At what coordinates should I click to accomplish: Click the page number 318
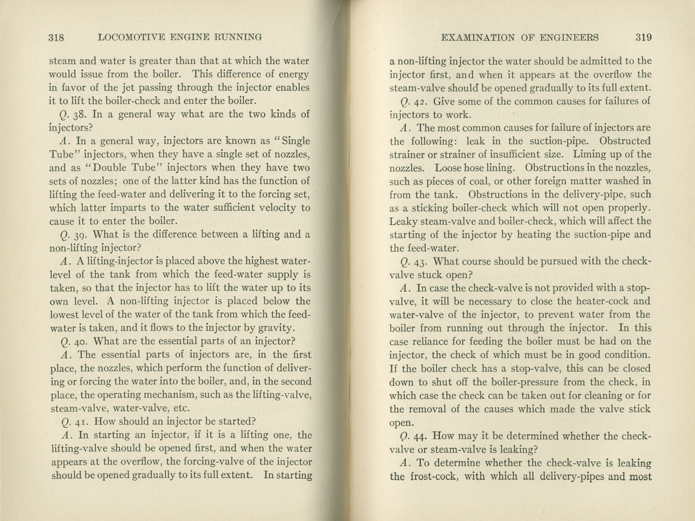[x=57, y=37]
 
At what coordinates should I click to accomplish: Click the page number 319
[x=643, y=37]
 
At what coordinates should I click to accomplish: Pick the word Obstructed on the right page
[x=625, y=141]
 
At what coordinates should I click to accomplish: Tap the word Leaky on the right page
[x=403, y=221]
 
